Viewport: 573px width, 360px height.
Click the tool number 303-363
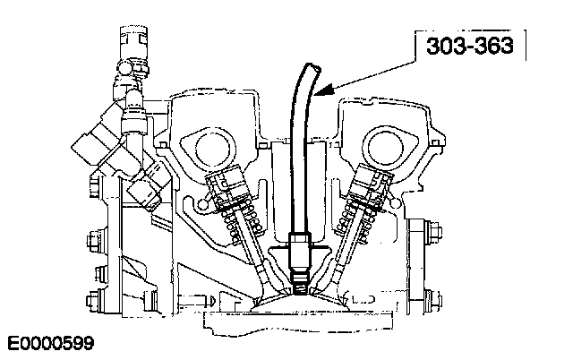[470, 46]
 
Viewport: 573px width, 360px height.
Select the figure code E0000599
[50, 343]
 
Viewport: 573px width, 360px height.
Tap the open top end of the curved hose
[312, 67]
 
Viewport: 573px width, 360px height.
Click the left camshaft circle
[213, 148]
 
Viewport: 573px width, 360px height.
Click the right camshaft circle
[386, 147]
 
